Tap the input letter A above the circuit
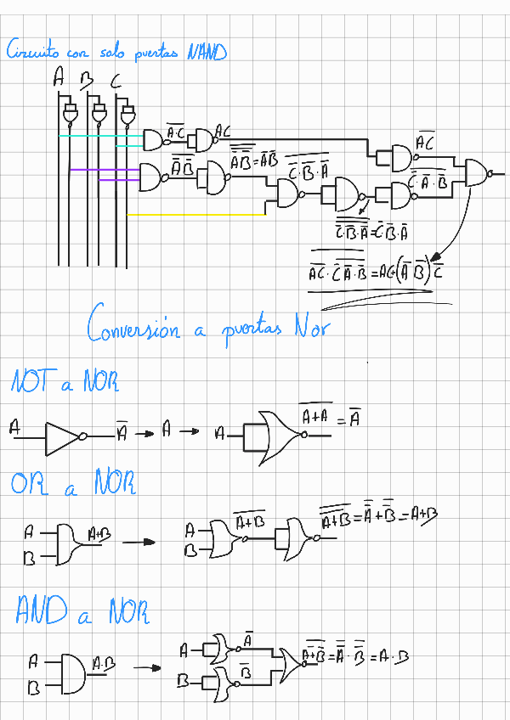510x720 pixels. pyautogui.click(x=59, y=81)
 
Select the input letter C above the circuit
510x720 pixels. pyautogui.click(x=116, y=82)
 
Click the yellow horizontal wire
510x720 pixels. pyautogui.click(x=195, y=215)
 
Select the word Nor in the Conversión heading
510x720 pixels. pyautogui.click(x=308, y=328)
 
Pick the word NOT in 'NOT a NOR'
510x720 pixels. pyautogui.click(x=31, y=384)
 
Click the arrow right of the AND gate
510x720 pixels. pyautogui.click(x=148, y=667)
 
